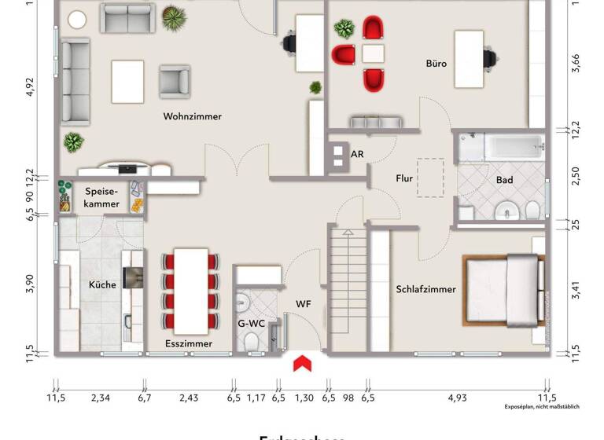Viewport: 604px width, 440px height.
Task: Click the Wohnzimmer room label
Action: [x=192, y=116]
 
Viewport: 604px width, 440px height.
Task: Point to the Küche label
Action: [x=102, y=284]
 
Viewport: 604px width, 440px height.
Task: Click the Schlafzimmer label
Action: [x=425, y=289]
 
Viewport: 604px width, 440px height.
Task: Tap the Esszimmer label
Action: [x=189, y=343]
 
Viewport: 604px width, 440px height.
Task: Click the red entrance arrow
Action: [x=303, y=363]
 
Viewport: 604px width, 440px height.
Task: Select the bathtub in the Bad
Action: [x=513, y=146]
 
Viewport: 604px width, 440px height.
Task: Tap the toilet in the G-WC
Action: [x=252, y=340]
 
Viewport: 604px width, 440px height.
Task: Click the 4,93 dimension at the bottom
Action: [x=457, y=398]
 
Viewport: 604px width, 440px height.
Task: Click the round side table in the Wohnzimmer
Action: [x=77, y=20]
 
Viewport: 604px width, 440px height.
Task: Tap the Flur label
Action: [x=404, y=178]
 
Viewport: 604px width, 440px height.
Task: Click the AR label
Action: [x=357, y=154]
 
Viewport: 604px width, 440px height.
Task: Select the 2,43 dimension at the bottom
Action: [x=188, y=398]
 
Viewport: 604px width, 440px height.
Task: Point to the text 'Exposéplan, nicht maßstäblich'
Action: [x=542, y=407]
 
